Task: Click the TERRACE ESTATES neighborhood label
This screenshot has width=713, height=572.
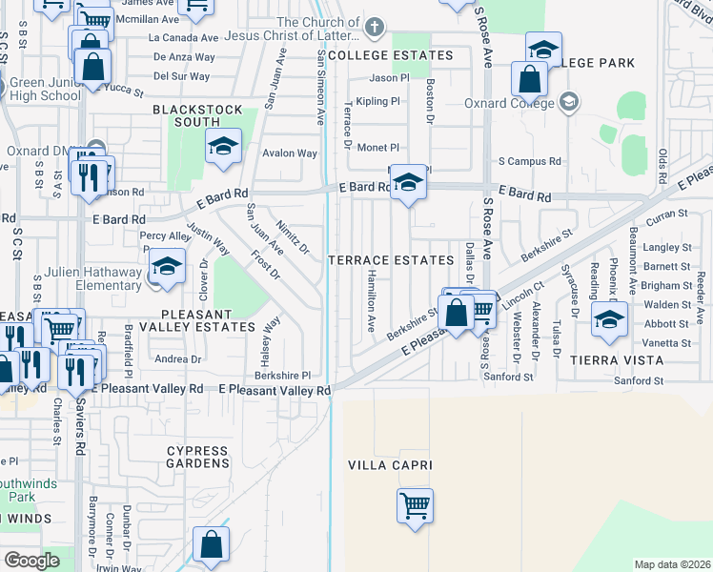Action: pos(391,260)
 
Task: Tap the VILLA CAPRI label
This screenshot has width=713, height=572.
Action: pos(390,466)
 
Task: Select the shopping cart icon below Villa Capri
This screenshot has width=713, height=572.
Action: pos(416,505)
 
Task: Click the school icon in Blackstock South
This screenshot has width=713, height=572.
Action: pos(223,147)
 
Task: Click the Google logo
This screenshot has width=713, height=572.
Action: pos(31,561)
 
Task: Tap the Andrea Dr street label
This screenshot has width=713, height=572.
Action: pos(178,359)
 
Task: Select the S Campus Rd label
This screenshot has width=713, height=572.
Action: pos(529,162)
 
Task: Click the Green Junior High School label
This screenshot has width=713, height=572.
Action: pos(45,89)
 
